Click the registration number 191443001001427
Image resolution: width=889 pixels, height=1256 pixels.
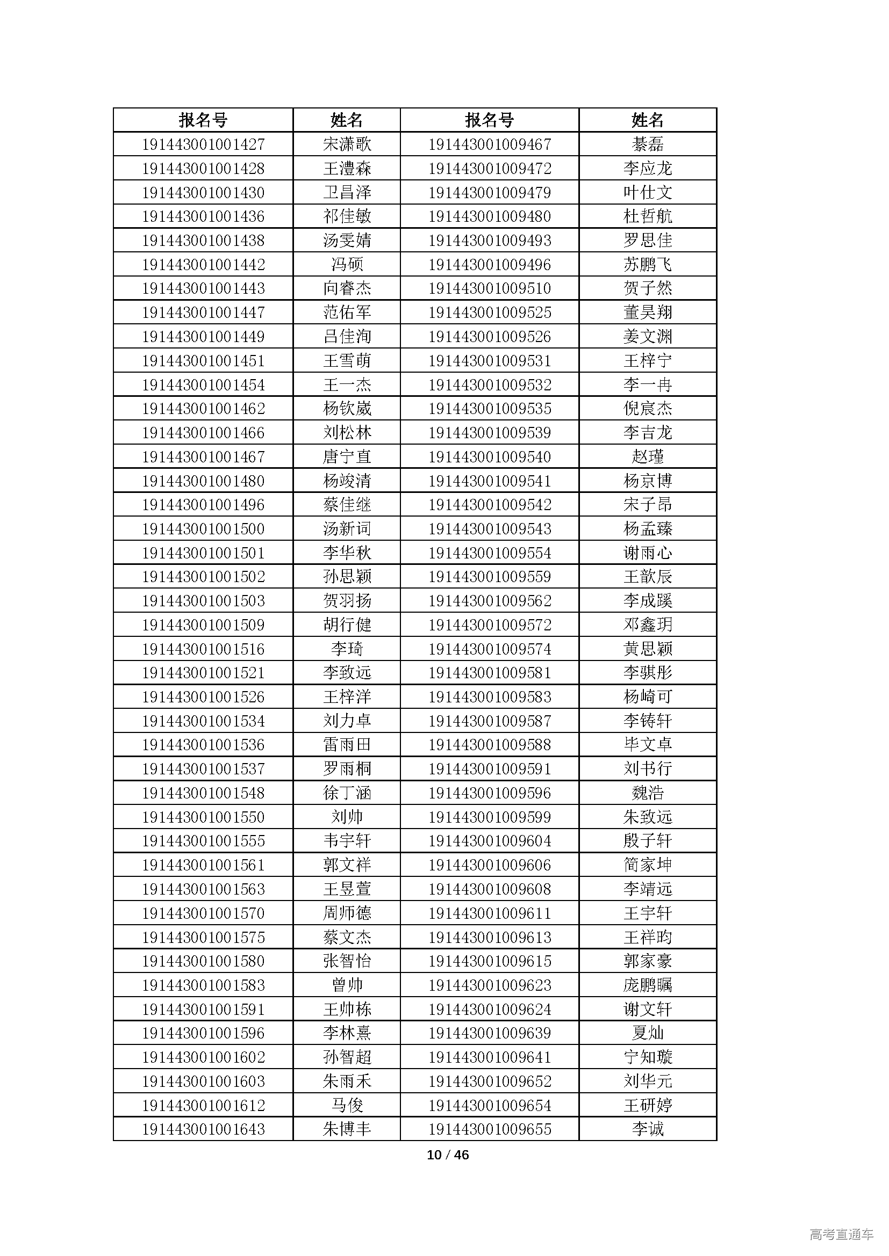coord(203,144)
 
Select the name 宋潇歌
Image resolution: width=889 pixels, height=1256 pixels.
coord(347,144)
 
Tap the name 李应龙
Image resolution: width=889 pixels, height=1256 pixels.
coord(648,169)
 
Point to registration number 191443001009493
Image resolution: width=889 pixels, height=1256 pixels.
coord(490,241)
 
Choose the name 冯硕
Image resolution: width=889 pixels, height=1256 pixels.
coord(347,265)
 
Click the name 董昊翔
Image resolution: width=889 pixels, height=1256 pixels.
coord(648,313)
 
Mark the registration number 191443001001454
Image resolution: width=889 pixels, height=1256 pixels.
coord(203,385)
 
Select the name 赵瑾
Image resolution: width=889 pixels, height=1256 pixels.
coord(648,457)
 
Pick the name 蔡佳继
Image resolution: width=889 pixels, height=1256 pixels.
coord(347,505)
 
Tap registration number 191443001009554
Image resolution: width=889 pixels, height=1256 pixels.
coord(490,553)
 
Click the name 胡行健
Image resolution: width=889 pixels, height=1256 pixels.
coord(347,625)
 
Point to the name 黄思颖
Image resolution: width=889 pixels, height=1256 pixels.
coord(648,649)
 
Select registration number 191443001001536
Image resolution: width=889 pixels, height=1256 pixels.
coord(203,745)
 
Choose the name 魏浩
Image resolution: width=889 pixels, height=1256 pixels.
coord(648,793)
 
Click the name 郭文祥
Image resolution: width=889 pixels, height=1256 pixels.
coord(347,865)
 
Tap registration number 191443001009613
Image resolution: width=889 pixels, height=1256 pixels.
coord(490,937)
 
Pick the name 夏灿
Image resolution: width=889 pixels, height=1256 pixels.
coord(648,1033)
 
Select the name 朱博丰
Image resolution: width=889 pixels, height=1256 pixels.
coord(347,1129)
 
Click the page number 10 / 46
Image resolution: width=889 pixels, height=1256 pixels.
coord(448,1155)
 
